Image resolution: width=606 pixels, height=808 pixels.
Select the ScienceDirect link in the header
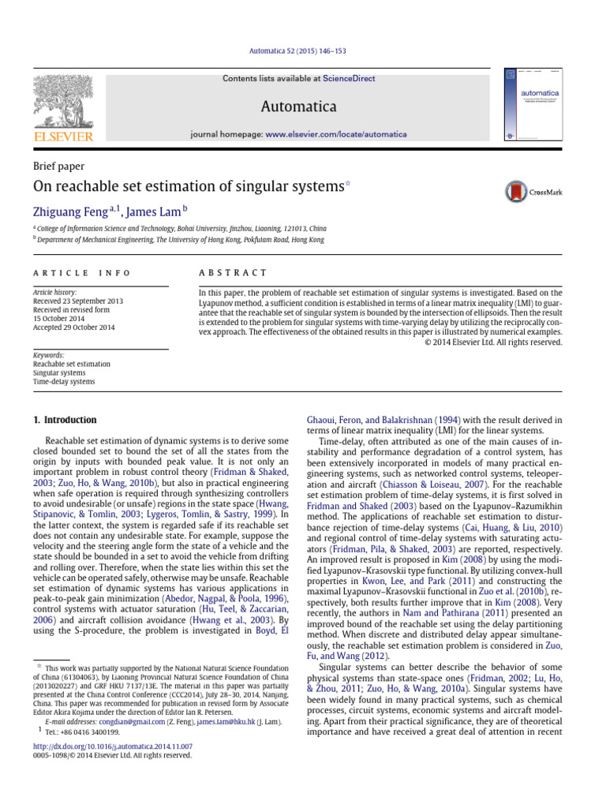pos(350,79)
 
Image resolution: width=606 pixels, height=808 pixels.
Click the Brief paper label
pos(58,166)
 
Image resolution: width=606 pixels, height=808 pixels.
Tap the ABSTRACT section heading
pos(233,273)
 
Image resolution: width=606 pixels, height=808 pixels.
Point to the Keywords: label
pos(48,356)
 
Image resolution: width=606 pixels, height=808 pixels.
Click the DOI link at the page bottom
pos(113,746)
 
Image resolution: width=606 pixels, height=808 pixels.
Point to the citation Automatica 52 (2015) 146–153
pos(303,51)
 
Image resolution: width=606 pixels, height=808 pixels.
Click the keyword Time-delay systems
pos(64,382)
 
